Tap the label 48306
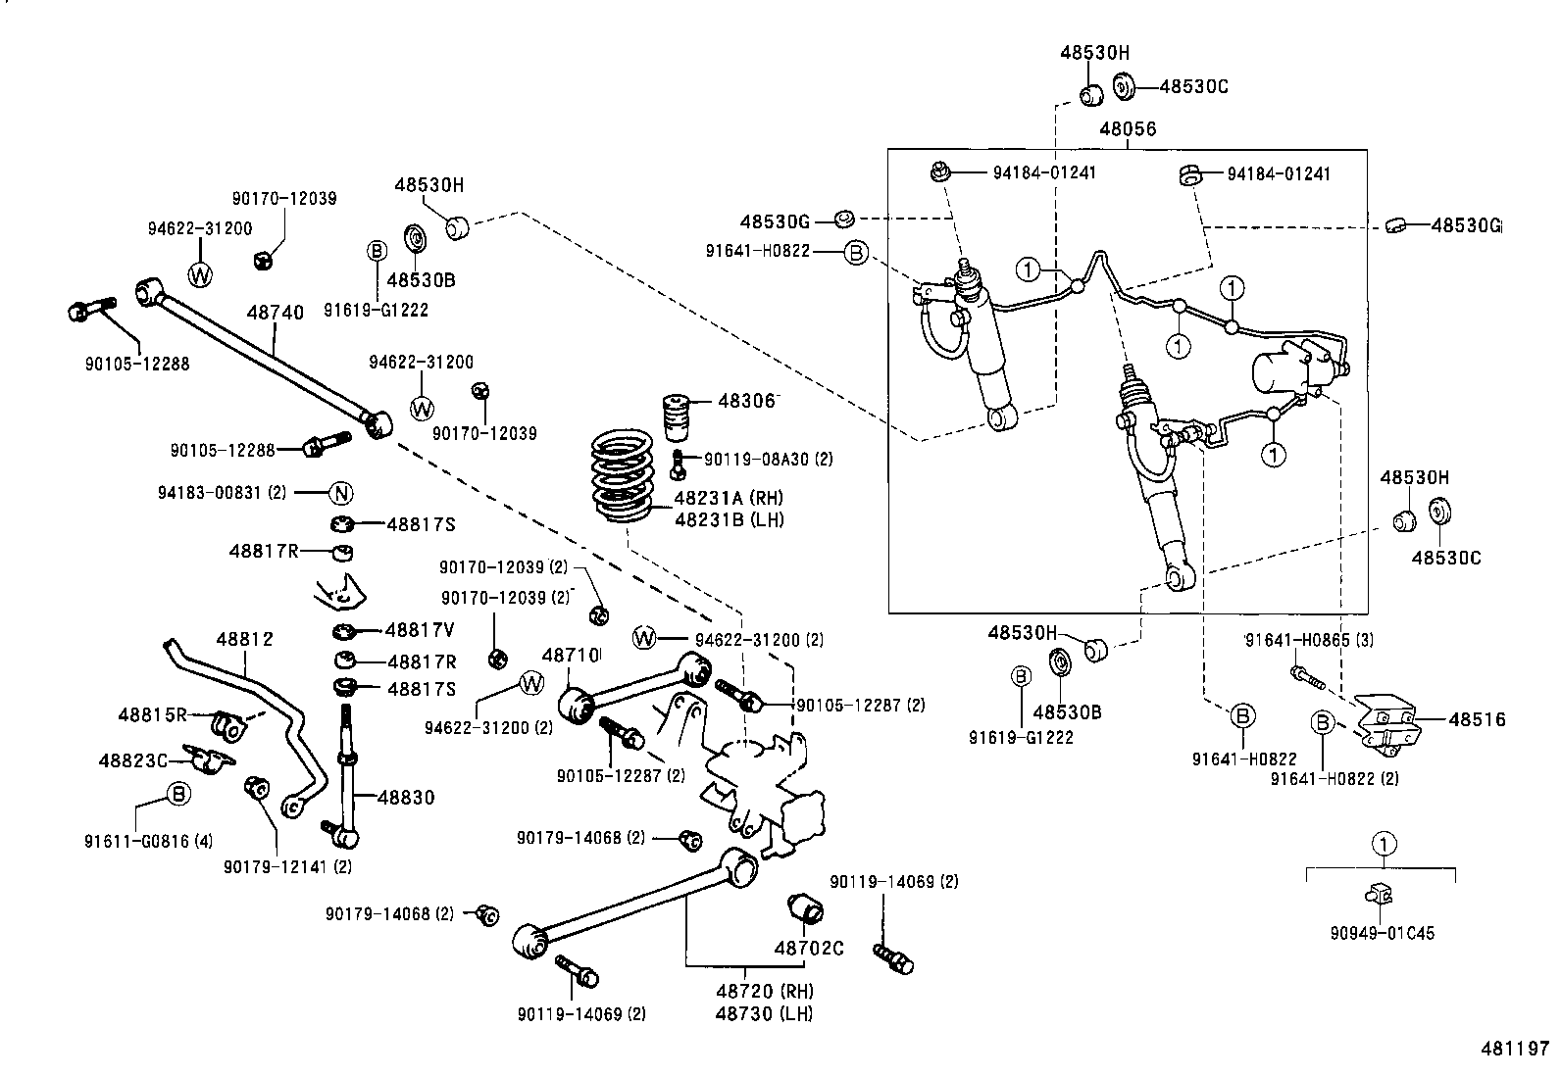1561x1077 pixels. [746, 401]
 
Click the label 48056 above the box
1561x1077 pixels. [1127, 129]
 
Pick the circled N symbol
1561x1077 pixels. [339, 493]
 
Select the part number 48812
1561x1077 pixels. [244, 639]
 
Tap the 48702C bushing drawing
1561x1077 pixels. [809, 909]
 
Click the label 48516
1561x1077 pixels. [1477, 720]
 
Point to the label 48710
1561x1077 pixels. [571, 654]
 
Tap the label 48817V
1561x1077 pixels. [420, 630]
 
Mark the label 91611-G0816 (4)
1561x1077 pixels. [149, 840]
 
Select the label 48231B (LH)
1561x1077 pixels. [729, 519]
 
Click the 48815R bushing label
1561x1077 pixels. [151, 714]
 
